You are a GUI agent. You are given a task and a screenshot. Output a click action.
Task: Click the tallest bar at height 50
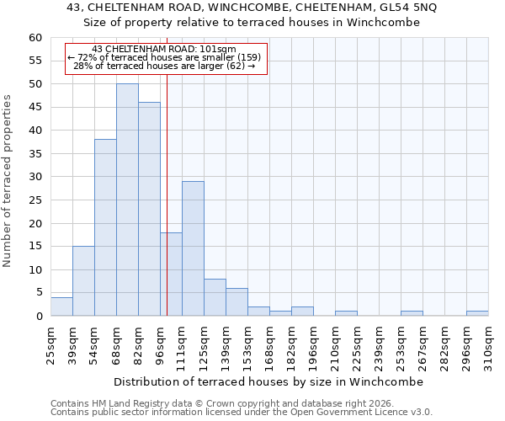pos(127,200)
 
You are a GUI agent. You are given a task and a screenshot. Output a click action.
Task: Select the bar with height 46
pos(149,209)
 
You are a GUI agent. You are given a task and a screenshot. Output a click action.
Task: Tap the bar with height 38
pos(105,227)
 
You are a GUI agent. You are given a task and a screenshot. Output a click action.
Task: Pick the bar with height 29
pos(193,248)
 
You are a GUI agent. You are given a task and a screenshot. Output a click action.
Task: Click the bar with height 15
pos(83,280)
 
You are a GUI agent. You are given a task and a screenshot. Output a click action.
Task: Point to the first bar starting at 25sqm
pos(61,306)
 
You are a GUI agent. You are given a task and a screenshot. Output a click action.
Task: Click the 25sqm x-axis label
pos(50,343)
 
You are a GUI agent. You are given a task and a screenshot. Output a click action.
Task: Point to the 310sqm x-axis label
pos(488,343)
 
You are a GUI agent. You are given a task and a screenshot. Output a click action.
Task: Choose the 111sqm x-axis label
pos(182,343)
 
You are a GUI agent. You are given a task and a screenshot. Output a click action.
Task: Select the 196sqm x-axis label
pos(313,343)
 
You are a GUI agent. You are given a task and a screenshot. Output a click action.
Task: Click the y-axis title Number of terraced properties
pos(8,181)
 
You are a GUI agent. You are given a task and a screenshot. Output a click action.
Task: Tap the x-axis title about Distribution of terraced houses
pos(268,381)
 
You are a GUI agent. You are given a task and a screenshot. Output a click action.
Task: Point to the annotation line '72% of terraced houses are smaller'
pos(166,57)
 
